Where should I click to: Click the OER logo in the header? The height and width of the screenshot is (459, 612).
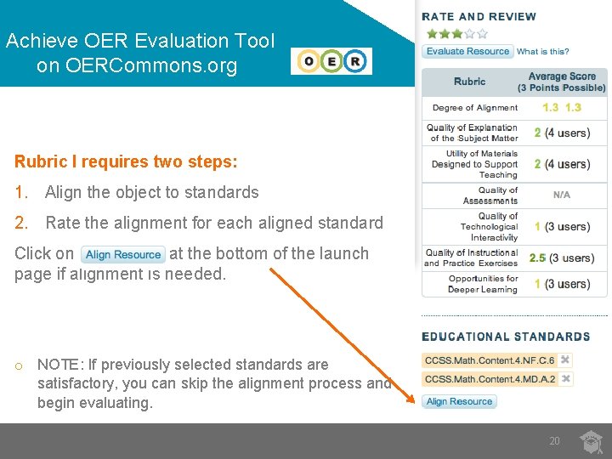(x=331, y=61)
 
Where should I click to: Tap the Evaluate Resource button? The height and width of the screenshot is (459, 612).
(x=467, y=51)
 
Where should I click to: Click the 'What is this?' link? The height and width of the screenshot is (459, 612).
(x=543, y=52)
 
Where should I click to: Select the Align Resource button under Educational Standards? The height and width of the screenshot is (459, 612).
(x=459, y=401)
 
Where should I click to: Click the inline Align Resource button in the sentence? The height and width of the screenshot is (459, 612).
(x=123, y=254)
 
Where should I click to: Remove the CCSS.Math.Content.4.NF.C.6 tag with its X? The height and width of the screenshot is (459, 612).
(x=565, y=360)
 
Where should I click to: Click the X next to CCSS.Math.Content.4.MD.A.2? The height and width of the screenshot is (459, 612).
(x=565, y=379)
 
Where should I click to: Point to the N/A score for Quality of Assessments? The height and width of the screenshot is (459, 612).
(x=561, y=195)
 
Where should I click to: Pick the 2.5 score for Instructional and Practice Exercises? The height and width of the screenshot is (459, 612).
(x=537, y=258)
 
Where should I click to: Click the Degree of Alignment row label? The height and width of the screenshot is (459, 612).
(x=474, y=108)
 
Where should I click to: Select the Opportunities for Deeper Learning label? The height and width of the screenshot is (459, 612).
(x=482, y=284)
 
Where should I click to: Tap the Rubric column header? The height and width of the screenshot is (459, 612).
(x=469, y=82)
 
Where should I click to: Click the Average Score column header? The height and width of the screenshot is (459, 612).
(x=561, y=82)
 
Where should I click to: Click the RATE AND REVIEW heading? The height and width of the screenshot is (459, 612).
(x=479, y=17)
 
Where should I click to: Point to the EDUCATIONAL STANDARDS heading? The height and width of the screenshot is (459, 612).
(x=506, y=337)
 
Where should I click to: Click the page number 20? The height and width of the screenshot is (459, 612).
(x=554, y=441)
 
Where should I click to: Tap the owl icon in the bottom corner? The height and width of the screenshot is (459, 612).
(x=591, y=441)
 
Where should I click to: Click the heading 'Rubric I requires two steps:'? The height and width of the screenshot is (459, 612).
(x=126, y=161)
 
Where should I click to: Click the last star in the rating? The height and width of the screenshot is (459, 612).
(x=483, y=34)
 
